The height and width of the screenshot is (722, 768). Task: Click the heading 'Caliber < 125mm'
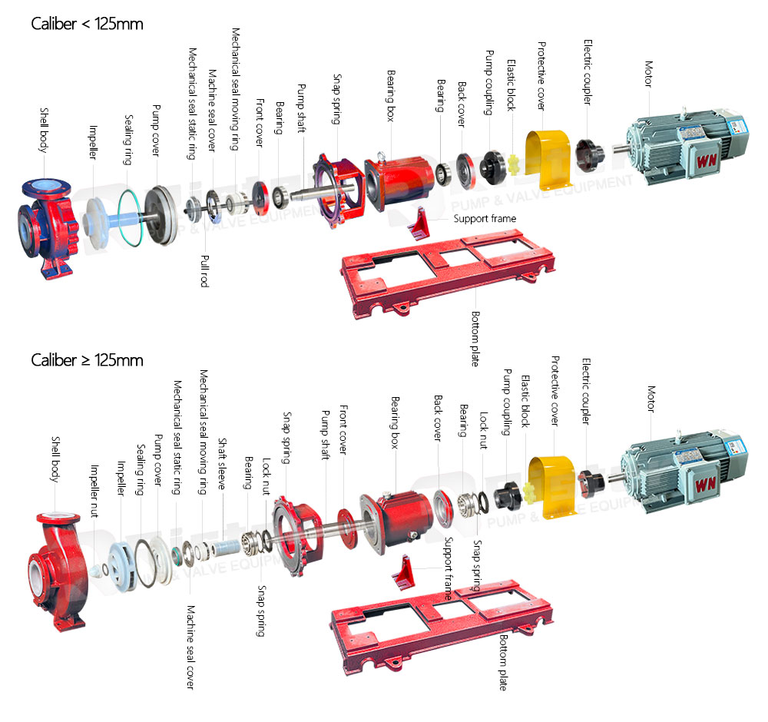[87, 24]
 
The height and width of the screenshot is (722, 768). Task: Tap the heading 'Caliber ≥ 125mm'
[87, 359]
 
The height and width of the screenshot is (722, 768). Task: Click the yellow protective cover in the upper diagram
[545, 159]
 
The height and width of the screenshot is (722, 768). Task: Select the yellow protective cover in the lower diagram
[551, 487]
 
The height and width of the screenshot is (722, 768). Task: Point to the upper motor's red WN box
[705, 159]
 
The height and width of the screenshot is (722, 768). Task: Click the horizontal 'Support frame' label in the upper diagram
[485, 219]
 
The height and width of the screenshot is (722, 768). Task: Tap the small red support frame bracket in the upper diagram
[422, 223]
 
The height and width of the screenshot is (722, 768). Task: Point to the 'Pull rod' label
[204, 270]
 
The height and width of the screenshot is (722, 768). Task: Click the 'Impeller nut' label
[94, 491]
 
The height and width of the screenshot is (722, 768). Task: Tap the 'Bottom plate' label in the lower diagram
[503, 661]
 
